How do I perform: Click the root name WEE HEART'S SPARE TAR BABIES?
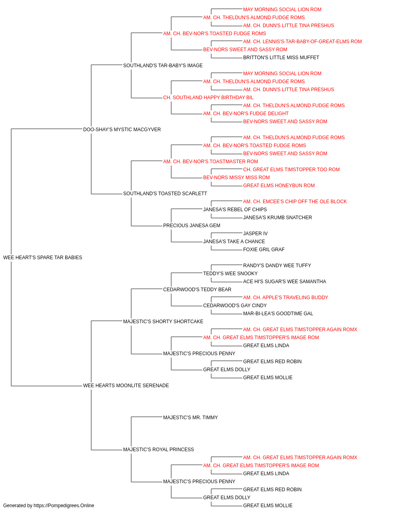pos(43,258)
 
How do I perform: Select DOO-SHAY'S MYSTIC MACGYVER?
pos(122,130)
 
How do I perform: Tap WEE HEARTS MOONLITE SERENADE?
pos(126,386)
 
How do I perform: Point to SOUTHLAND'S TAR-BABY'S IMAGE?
pos(163,66)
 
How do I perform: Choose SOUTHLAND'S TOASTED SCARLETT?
pos(165,194)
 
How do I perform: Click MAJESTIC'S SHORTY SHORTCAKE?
pos(163,321)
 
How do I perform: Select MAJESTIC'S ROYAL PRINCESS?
pos(158,450)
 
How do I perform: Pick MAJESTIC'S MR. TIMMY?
pos(190,418)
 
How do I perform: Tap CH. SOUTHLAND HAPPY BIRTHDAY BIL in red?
pos(208,98)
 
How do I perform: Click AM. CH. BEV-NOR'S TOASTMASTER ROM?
pos(211,161)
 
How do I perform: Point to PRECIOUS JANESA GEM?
pos(192,226)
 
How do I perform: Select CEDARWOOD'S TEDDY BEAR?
pos(197,289)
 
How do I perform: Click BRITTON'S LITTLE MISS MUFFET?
pos(281,58)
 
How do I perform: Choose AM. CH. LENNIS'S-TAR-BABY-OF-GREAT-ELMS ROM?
pos(302,42)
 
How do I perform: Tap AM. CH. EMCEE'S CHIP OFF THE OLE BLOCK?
pos(295,202)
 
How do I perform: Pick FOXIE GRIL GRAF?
pos(264,250)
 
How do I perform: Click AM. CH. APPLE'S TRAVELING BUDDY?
pos(286,297)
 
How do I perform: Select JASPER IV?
pos(255,234)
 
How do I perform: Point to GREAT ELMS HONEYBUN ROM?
pos(279,186)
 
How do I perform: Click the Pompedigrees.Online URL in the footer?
pos(64,506)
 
